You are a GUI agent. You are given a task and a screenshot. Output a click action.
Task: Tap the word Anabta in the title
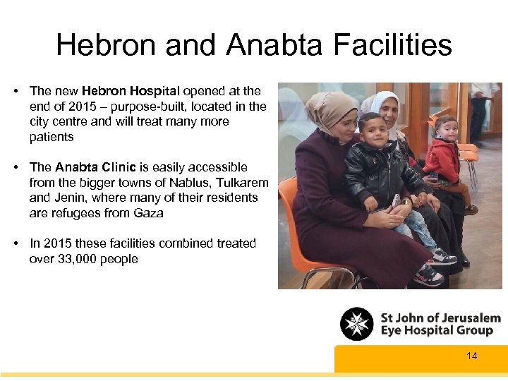274,45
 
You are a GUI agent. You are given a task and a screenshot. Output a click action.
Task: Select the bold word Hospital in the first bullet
157,91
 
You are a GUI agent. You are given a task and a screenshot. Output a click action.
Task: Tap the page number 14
471,356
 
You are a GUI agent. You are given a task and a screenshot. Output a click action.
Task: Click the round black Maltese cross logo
357,325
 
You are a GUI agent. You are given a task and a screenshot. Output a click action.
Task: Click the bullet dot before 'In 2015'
15,243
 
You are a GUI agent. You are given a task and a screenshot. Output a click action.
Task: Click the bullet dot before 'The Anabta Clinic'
15,167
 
